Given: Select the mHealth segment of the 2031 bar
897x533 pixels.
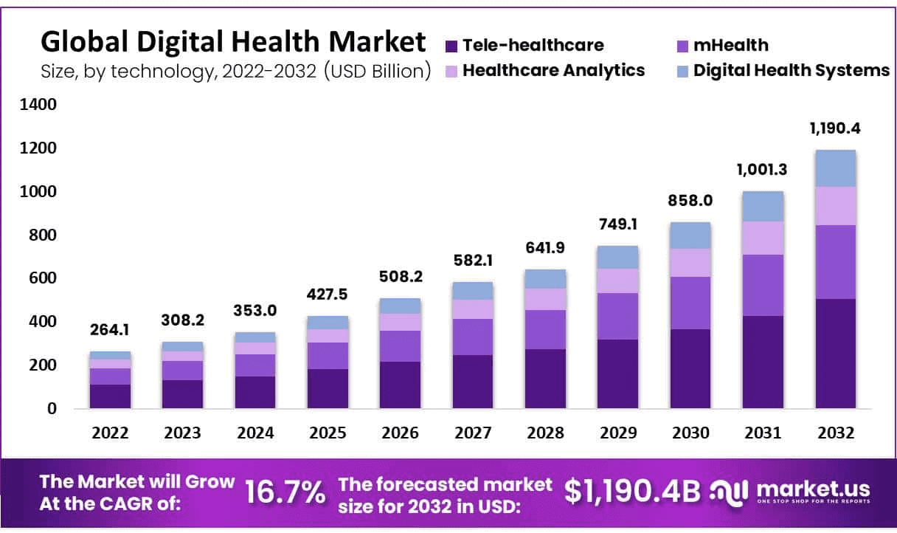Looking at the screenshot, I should (763, 285).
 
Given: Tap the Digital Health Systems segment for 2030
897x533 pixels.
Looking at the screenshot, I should (690, 235).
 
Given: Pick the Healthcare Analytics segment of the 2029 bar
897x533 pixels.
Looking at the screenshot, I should (617, 281).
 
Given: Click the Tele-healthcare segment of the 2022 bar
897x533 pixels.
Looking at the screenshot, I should (111, 396).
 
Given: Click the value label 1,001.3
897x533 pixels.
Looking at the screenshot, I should (763, 171).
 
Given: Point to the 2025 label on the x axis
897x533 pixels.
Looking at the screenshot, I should (328, 433).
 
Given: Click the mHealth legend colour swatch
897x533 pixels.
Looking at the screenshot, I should (683, 46).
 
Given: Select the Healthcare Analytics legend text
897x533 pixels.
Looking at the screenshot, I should (553, 70).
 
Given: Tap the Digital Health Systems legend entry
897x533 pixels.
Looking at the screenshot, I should (791, 70).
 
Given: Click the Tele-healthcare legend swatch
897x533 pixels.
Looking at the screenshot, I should (452, 46).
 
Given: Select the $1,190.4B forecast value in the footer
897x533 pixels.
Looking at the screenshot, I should (632, 491).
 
